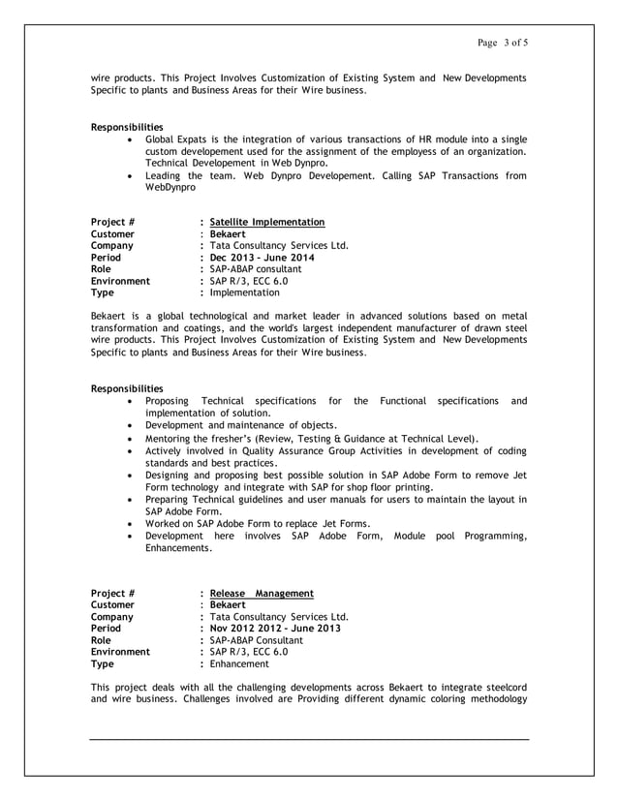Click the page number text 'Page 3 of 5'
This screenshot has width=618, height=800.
(x=502, y=42)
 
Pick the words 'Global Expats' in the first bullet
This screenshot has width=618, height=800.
(x=176, y=140)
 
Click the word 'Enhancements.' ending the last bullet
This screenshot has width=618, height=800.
(x=178, y=548)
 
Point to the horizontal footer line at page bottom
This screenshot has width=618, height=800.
(x=309, y=740)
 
